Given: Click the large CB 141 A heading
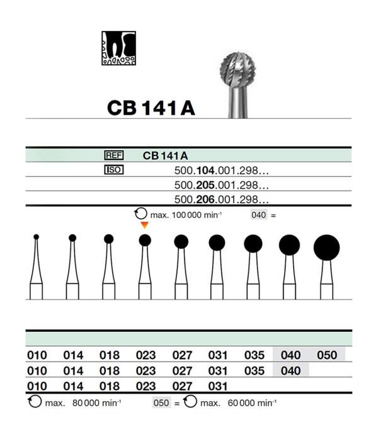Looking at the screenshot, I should tap(151, 107).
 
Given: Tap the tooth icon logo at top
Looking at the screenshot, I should tap(119, 49).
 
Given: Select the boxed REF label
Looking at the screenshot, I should tap(113, 155).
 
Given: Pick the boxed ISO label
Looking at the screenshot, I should tap(113, 170).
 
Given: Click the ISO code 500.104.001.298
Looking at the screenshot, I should tap(221, 170).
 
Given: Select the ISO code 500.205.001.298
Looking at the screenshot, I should tap(221, 185).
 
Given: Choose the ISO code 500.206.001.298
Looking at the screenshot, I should tap(221, 199).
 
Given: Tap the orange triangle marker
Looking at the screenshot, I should tap(145, 225).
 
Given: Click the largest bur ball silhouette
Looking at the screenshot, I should tap(326, 247).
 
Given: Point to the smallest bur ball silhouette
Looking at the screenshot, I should tap(37, 237).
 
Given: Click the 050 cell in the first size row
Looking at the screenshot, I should tap(327, 355).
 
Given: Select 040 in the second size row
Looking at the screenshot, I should tap(290, 370).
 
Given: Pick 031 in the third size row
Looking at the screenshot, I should tap(218, 385).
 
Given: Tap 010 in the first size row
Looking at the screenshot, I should tap(37, 355).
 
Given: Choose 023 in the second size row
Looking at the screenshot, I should tap(146, 370).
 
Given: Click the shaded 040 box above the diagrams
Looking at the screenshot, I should tap(259, 215).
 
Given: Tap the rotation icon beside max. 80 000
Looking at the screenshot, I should tap(34, 402).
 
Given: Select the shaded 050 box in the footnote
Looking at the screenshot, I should tap(161, 402).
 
